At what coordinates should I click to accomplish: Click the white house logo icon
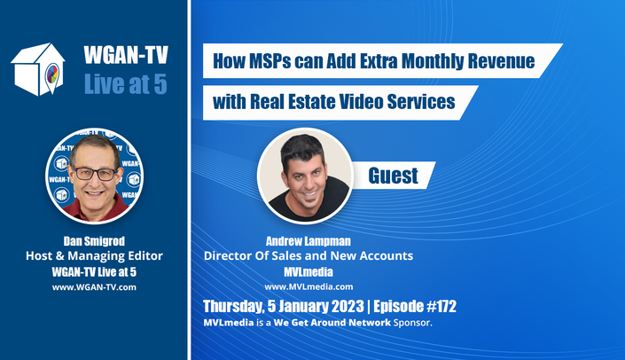click(38, 69)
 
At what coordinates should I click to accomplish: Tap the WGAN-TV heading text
click(126, 55)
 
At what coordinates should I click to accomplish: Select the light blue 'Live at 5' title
click(126, 83)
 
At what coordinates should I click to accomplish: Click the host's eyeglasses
click(95, 174)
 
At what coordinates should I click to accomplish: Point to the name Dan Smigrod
click(94, 241)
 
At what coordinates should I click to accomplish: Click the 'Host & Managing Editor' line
click(94, 256)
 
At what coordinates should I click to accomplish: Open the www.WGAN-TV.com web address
click(94, 287)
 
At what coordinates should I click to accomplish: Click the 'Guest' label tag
click(394, 176)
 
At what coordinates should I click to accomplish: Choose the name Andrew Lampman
click(309, 241)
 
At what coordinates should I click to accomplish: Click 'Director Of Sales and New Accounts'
click(309, 256)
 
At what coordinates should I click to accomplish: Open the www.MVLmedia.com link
click(309, 286)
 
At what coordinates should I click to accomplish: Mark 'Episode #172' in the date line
click(415, 306)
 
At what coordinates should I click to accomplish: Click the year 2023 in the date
click(347, 306)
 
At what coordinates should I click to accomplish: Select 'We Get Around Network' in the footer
click(332, 323)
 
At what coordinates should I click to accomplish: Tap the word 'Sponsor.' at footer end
click(413, 323)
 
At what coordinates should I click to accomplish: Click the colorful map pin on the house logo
click(52, 76)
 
